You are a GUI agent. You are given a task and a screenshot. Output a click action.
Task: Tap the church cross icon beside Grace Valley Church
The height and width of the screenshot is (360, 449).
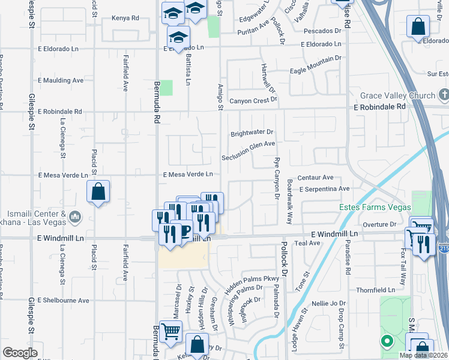pyautogui.click(x=444, y=95)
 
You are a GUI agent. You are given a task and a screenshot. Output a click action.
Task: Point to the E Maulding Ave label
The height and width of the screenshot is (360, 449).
pyautogui.click(x=61, y=80)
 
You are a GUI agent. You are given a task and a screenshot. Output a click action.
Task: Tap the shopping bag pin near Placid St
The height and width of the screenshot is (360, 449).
pyautogui.click(x=98, y=193)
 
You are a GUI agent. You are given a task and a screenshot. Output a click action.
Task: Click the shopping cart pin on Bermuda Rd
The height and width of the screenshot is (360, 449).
pyautogui.click(x=171, y=331)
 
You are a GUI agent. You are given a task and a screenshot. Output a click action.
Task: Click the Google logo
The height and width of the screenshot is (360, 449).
pyautogui.click(x=20, y=352)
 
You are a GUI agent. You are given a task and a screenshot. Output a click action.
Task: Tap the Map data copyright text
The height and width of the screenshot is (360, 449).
pyautogui.click(x=424, y=355)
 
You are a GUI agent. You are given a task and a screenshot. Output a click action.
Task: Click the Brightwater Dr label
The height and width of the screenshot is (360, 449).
pyautogui.click(x=252, y=132)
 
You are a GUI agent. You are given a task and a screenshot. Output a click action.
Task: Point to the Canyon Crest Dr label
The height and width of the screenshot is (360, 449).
pyautogui.click(x=253, y=100)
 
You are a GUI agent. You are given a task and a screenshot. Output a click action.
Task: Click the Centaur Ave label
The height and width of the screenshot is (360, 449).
pyautogui.click(x=315, y=178)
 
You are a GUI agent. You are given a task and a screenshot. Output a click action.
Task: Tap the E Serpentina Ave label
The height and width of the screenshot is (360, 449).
pyautogui.click(x=324, y=188)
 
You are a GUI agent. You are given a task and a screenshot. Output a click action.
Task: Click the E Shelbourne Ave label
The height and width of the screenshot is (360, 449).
pyautogui.click(x=63, y=300)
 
